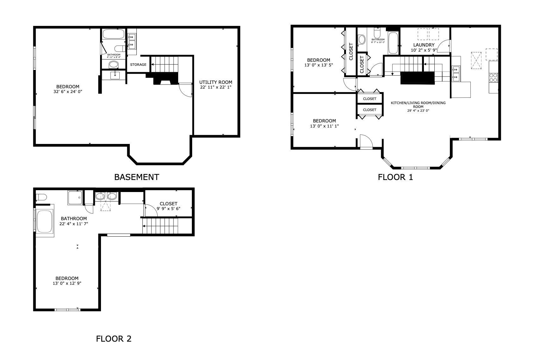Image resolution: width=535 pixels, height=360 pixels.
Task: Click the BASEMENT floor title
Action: (136, 177)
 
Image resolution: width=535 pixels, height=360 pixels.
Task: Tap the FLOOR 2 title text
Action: (114, 339)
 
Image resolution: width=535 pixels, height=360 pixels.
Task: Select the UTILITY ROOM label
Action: (216, 82)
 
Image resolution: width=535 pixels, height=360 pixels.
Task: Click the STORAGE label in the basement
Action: (138, 65)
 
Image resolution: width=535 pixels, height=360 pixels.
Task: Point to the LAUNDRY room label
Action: (424, 45)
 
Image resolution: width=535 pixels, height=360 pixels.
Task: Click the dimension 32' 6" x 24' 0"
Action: (68, 91)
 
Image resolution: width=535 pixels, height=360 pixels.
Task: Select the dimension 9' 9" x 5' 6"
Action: (168, 208)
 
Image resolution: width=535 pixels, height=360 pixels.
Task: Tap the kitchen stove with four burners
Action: (493, 78)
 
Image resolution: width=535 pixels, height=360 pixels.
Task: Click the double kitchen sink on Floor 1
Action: (456, 73)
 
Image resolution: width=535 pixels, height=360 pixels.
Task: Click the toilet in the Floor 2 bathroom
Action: (41, 197)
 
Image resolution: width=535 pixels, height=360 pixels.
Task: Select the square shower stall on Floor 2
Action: (75, 198)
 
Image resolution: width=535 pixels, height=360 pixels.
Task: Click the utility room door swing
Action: (186, 90)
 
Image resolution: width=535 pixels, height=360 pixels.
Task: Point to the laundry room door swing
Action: (445, 46)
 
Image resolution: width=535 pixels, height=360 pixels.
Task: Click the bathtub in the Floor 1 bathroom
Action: (393, 43)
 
